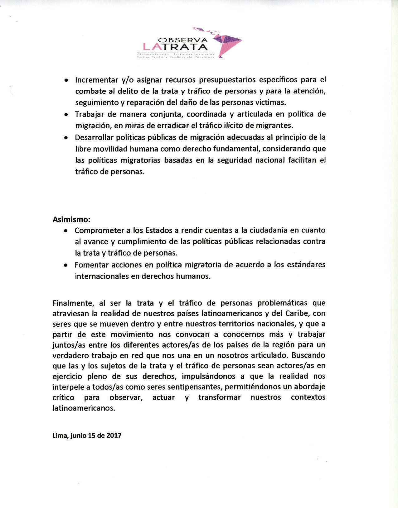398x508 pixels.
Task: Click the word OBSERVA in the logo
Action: click(183, 40)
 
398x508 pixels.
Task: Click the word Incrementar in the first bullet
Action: click(96, 80)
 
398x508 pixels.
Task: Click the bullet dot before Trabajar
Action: click(66, 115)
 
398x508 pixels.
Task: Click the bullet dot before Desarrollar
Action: click(66, 138)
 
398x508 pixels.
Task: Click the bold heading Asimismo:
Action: click(71, 219)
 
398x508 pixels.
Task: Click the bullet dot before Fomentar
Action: click(66, 265)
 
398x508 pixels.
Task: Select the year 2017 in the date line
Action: click(114, 435)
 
